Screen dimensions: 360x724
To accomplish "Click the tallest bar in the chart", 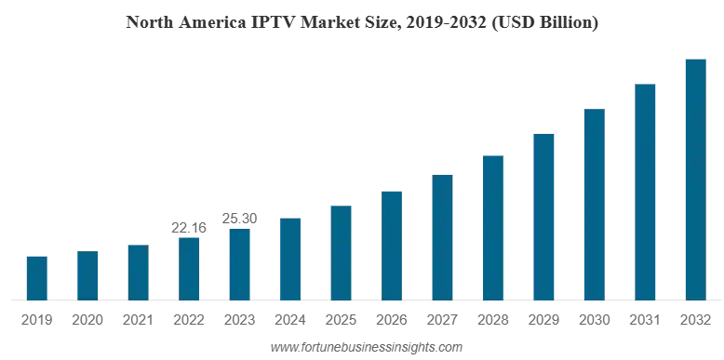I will tap(696, 178).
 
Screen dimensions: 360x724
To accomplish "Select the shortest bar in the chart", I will tap(37, 277).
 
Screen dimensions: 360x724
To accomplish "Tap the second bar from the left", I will tap(88, 274).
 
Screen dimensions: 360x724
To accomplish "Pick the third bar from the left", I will tap(138, 271).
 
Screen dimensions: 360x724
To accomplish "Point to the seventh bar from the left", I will tap(342, 251).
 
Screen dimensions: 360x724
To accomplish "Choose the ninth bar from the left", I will tap(443, 236).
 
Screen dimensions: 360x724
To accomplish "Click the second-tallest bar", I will tap(647, 192).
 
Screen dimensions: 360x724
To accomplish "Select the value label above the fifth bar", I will tap(238, 215).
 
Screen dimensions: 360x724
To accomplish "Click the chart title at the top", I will tap(361, 21).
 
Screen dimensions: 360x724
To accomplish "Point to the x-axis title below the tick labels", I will tap(365, 350).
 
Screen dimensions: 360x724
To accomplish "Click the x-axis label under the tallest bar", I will tap(696, 319).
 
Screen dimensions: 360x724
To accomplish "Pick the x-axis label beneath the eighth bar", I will tap(390, 319).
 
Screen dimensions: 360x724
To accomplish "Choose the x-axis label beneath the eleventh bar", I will tap(543, 319).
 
